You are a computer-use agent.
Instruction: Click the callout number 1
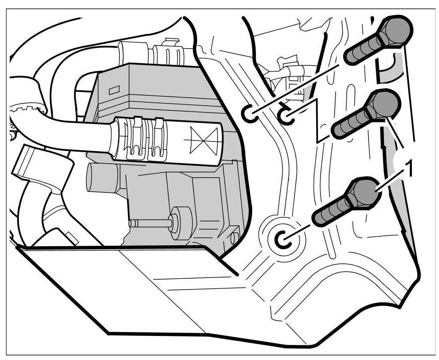pos(409,169)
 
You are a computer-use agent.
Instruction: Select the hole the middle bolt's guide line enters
pos(286,116)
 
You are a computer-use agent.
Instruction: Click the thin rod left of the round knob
pos(150,223)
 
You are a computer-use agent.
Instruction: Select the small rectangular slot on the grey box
pos(114,91)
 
